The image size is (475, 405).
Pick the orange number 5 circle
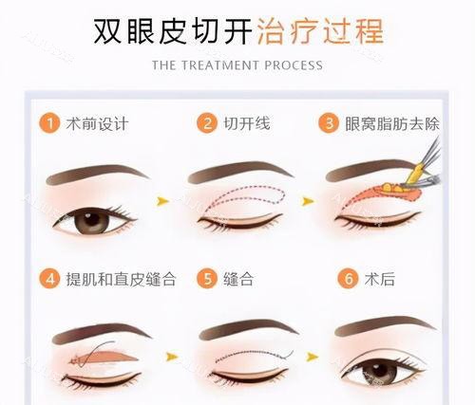click(x=206, y=280)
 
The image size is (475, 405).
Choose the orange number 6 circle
click(x=349, y=280)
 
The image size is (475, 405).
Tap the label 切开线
click(x=245, y=123)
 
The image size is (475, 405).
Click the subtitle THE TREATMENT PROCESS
click(x=237, y=65)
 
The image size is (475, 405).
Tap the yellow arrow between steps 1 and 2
click(x=162, y=201)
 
